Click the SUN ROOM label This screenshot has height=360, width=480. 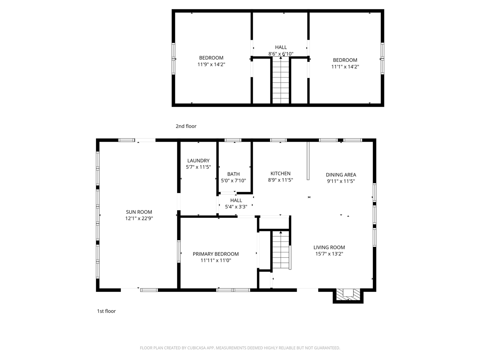(139, 212)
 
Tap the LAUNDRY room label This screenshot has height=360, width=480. (198, 160)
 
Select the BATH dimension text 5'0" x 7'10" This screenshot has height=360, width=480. (233, 180)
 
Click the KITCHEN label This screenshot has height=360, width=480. (280, 173)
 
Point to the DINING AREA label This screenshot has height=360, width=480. (340, 174)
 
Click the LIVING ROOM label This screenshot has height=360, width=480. (329, 247)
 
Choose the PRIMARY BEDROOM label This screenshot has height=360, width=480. (216, 254)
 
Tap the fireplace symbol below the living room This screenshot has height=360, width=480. (348, 295)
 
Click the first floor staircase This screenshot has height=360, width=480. (281, 250)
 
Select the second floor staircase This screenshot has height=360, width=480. (281, 80)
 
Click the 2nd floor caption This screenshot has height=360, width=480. (186, 126)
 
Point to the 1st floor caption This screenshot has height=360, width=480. (106, 311)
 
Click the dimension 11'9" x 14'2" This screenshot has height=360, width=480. (211, 64)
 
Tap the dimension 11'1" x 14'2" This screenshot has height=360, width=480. (345, 67)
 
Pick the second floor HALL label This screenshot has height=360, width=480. (281, 47)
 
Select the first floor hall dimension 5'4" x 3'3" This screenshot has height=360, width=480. (236, 207)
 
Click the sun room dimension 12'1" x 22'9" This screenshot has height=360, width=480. (139, 218)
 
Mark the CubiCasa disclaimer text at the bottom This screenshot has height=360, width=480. (240, 348)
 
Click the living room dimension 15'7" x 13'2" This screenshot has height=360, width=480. (329, 253)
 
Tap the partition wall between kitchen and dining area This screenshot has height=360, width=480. (307, 160)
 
